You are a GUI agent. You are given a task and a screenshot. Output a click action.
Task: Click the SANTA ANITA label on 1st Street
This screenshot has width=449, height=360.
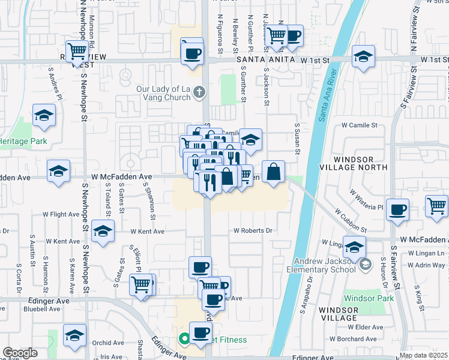point(266,60)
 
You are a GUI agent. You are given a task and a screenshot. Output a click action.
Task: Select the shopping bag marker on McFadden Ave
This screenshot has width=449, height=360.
point(273,172)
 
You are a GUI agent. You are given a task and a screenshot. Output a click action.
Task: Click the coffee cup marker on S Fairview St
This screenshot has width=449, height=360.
point(398,210)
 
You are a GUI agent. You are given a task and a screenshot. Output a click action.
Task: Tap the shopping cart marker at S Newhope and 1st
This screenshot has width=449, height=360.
point(77,52)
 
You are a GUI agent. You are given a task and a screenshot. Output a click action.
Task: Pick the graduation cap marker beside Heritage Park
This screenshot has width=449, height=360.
point(44,116)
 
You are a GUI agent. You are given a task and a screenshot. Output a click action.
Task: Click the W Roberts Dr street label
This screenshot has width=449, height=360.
point(253,230)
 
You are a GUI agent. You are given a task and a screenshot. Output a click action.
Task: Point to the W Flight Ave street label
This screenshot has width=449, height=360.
point(61,214)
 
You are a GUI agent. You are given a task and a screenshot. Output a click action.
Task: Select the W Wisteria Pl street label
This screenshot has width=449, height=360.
point(366,199)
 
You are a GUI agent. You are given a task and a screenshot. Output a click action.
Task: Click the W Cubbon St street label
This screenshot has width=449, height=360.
point(351,220)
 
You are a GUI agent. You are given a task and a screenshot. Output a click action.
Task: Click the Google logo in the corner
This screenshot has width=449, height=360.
point(20,353)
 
